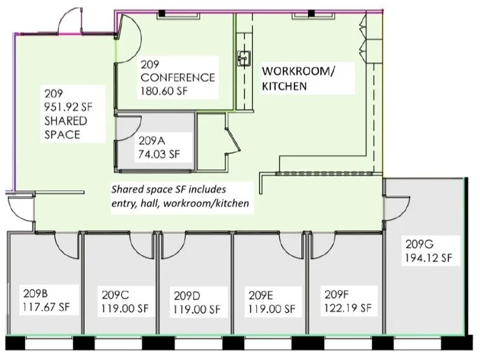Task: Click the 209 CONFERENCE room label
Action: click(x=177, y=71)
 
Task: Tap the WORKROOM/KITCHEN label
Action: click(x=298, y=78)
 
